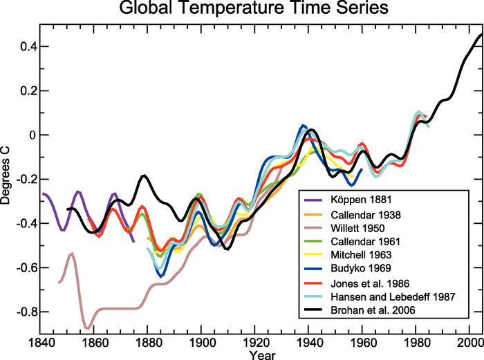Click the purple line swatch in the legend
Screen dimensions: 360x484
click(x=313, y=200)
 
